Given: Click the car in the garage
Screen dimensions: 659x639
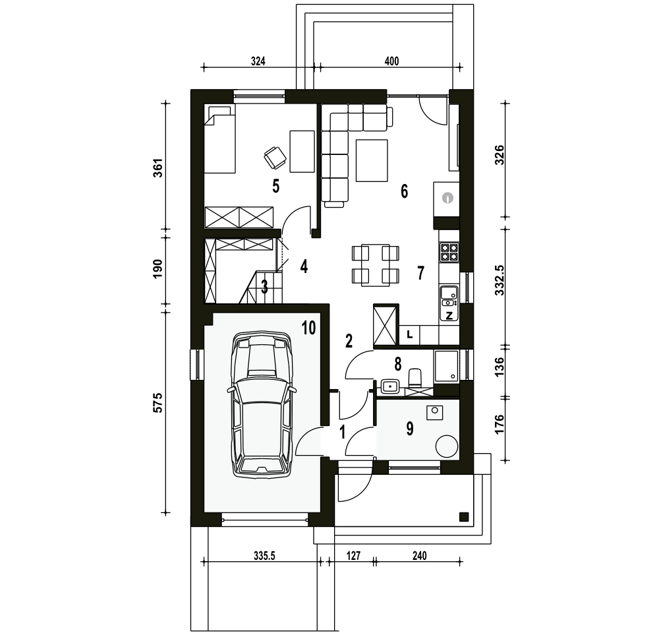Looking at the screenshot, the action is (261, 404).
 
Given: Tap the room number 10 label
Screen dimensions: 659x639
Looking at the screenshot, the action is (308, 328).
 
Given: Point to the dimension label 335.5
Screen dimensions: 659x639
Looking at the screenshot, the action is (264, 556).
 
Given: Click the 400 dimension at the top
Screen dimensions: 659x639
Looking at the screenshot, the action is (391, 61).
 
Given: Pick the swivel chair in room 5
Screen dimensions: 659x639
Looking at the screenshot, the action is (275, 156).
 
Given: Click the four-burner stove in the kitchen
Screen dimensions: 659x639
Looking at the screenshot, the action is (449, 252).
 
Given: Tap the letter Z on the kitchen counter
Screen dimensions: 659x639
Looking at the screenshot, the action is (449, 315).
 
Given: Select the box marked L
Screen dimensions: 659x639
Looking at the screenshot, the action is (410, 335).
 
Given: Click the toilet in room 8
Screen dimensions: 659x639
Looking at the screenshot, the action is (415, 378).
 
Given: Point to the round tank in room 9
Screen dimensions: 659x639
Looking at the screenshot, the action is (447, 446).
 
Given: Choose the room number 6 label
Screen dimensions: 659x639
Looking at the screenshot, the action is (404, 191).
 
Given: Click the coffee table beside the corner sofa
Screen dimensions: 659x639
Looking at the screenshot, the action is (372, 160).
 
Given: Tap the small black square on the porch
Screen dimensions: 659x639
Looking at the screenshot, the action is (463, 516).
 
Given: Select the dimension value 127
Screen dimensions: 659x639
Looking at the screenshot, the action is (353, 556).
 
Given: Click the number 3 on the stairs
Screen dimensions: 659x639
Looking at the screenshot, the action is (264, 287).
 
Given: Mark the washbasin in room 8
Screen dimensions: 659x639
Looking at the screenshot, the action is (390, 385).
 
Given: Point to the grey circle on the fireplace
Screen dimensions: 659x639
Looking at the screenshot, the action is (448, 197).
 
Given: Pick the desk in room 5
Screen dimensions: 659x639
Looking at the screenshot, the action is (302, 151).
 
